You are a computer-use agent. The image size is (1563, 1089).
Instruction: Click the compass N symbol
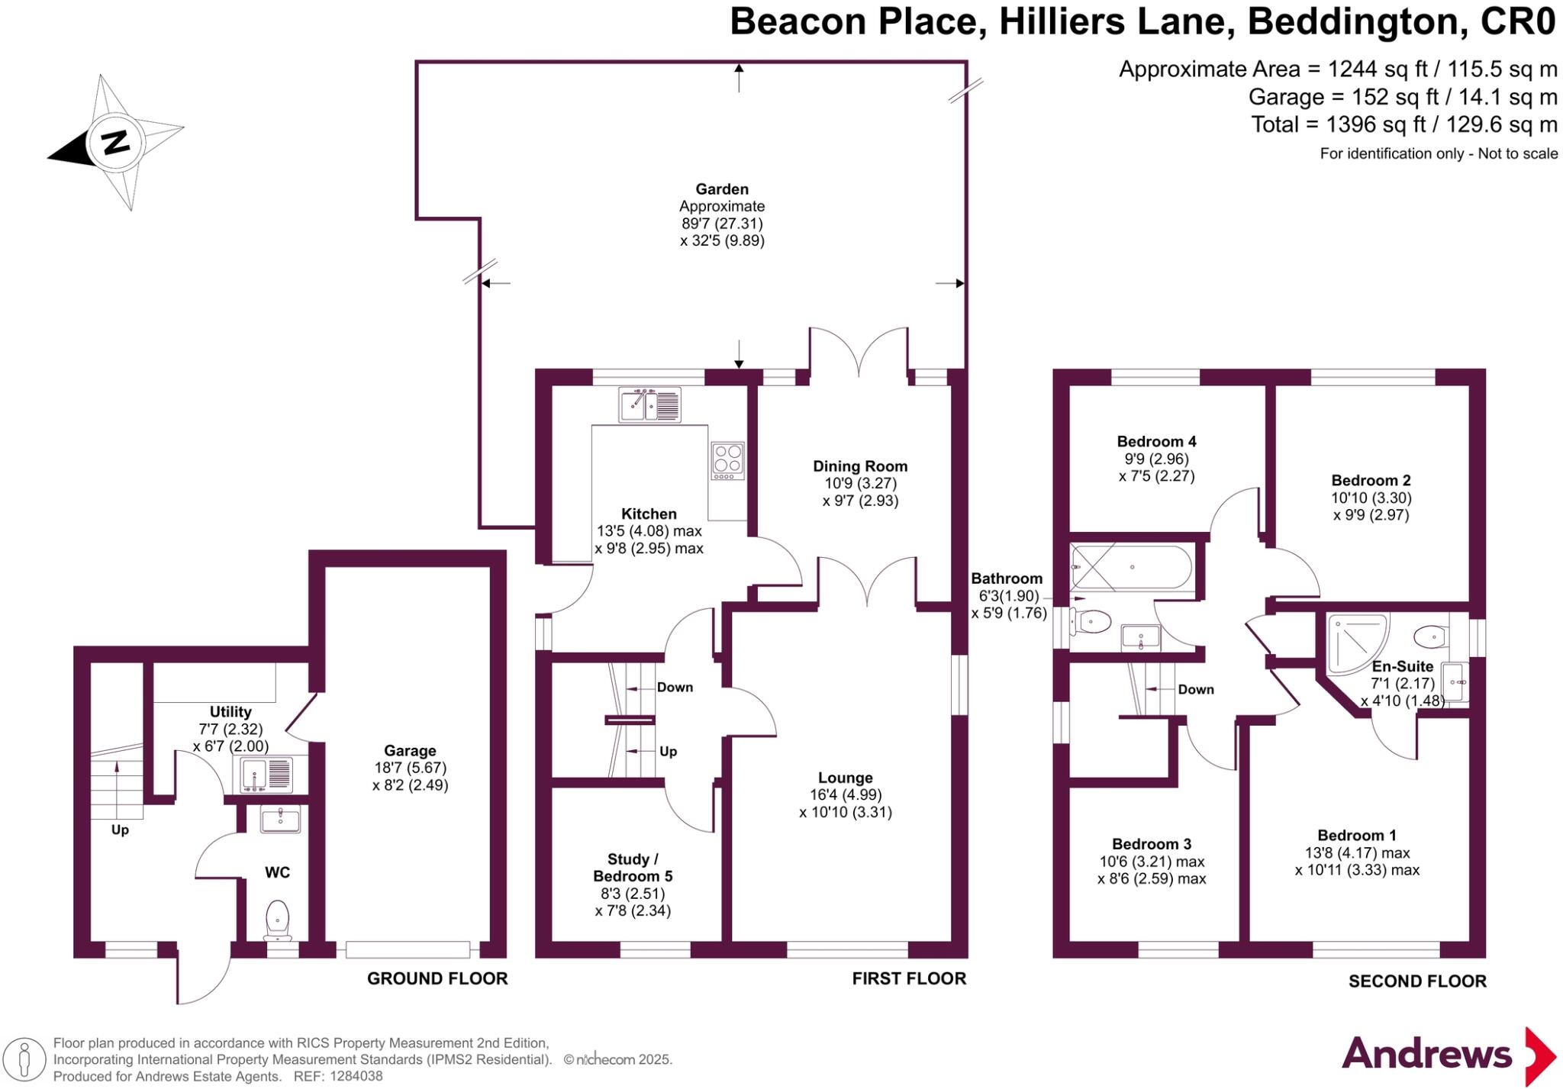(x=116, y=142)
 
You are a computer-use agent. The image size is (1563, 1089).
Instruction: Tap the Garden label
(x=722, y=189)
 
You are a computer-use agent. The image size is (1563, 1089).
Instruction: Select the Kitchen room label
(x=649, y=514)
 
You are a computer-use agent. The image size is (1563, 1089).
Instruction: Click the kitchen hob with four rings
(x=727, y=461)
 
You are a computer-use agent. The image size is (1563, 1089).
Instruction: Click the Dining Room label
(x=860, y=466)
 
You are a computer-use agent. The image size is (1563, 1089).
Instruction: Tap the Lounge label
(x=846, y=778)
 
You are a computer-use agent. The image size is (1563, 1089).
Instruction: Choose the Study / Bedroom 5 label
(x=633, y=868)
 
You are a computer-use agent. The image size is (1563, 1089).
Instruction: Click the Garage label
(x=410, y=751)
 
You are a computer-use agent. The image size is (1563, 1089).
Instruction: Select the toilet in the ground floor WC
(x=277, y=920)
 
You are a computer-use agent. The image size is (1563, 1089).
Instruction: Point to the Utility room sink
(x=266, y=774)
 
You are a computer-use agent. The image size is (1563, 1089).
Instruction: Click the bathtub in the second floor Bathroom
(x=1131, y=567)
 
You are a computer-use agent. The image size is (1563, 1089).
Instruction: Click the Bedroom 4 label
(x=1156, y=441)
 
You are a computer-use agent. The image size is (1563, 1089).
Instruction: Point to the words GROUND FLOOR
(x=437, y=978)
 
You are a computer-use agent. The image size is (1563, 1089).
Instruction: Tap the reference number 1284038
(x=353, y=1077)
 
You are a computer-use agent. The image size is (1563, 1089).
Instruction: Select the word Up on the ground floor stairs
(x=120, y=830)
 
